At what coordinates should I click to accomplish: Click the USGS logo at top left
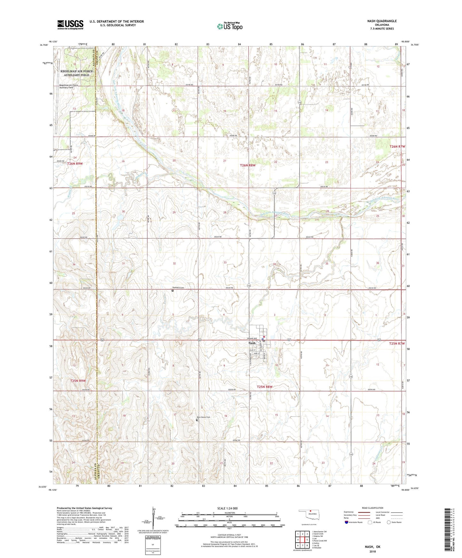[70, 24]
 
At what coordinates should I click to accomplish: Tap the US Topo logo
[230, 26]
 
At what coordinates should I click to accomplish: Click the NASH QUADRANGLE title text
[382, 21]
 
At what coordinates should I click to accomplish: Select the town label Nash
[252, 343]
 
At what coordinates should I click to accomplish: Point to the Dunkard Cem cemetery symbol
[173, 291]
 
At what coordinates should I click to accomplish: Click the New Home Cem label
[204, 417]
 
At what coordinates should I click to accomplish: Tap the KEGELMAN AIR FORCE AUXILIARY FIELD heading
[77, 73]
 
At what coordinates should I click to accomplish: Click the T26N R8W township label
[248, 165]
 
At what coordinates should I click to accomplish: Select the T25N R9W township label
[78, 381]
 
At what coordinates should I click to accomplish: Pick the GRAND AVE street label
[252, 338]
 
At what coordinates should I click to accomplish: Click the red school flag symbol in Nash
[264, 336]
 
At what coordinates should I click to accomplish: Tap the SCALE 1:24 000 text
[227, 508]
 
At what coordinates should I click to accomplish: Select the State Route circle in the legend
[389, 522]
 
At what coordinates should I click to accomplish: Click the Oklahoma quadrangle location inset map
[309, 515]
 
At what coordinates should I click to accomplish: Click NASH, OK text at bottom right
[372, 547]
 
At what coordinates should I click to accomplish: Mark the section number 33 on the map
[225, 262]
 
